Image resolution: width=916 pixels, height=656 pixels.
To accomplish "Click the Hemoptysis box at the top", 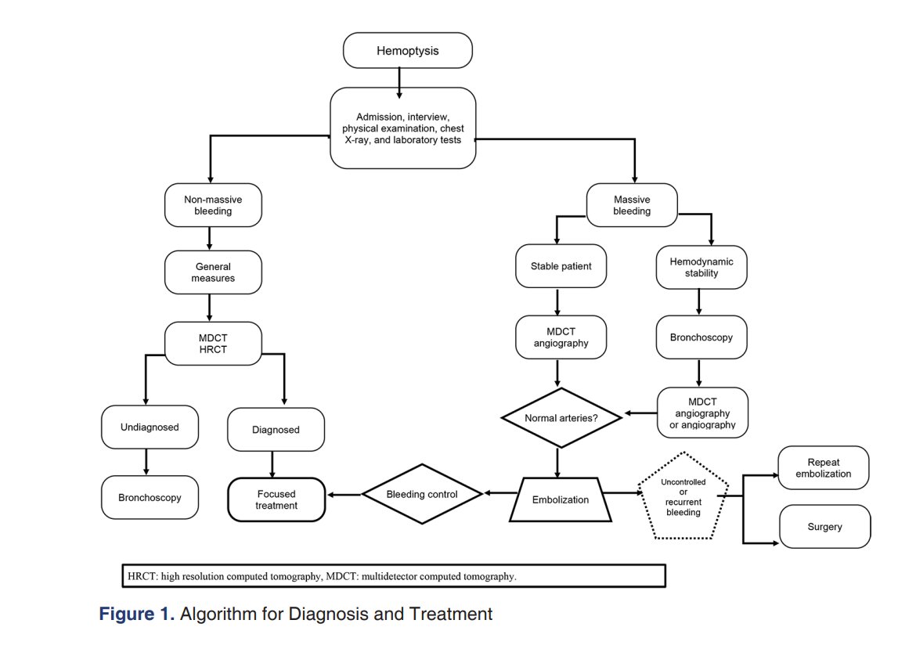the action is (407, 50).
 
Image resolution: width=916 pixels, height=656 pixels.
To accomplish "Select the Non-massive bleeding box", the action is (213, 205).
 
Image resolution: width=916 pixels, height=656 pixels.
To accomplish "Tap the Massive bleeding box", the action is (632, 205).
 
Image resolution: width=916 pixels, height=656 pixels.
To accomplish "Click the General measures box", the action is (213, 272).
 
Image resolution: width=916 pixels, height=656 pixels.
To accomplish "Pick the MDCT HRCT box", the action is (213, 344).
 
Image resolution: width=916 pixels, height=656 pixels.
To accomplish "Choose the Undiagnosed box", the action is (150, 427).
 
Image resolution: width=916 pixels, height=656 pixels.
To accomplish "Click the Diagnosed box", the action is (276, 429).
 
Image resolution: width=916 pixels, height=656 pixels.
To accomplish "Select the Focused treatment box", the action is (276, 499).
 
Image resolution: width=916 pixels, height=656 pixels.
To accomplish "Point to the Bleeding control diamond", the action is (422, 494).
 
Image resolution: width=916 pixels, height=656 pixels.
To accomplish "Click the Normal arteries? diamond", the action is (561, 418).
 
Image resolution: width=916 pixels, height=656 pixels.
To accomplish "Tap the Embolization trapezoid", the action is (561, 499).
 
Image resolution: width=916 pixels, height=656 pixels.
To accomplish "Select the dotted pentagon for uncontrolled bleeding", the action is (683, 496).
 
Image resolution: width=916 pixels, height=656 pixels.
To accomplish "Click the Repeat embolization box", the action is (823, 468).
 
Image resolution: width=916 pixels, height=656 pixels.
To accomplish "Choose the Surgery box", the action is (825, 526).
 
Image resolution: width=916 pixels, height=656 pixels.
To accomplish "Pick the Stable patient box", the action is (561, 266).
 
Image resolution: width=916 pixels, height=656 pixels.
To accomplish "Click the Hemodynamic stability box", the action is (701, 267).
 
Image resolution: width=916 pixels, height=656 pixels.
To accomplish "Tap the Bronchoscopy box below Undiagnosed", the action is (150, 497).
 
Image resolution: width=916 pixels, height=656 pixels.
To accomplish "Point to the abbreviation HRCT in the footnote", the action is (142, 576).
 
